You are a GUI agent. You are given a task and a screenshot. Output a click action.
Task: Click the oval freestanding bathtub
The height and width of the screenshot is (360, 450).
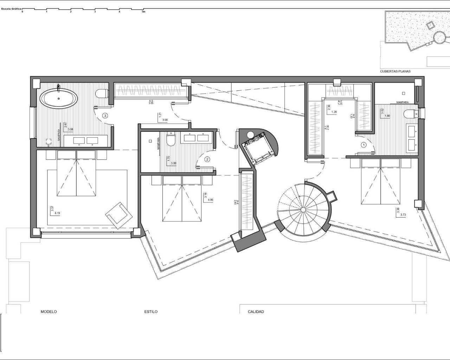coord(59,97)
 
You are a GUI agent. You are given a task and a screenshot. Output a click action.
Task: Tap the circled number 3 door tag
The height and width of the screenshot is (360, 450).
coord(105,115)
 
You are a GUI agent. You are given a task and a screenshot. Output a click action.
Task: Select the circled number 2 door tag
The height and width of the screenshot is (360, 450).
coord(207,159)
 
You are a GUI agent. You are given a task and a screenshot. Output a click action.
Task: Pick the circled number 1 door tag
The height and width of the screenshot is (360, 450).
coord(364,144)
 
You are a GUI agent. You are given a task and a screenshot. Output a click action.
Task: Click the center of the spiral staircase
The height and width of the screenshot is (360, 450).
coord(302,210)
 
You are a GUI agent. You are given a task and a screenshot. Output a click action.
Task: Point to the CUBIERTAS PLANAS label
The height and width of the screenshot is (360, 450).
coord(395,71)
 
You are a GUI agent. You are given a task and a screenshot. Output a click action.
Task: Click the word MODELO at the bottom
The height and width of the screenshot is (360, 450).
coord(49,312)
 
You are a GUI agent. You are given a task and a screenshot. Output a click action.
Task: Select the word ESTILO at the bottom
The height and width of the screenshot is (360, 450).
coord(151,312)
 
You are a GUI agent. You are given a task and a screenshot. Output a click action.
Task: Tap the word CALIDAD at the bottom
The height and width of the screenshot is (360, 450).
coord(256,312)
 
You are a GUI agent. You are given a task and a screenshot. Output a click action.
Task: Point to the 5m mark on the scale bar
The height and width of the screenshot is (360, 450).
coord(143,12)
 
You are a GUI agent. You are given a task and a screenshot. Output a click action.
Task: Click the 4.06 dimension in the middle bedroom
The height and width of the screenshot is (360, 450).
coord(211,200)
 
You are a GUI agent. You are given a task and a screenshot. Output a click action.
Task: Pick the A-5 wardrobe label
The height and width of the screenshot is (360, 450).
coord(151,101)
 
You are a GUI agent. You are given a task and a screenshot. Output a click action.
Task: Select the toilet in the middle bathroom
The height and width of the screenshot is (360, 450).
coord(171,141)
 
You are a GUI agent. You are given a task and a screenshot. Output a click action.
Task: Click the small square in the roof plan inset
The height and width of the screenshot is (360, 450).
coord(430,25)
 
